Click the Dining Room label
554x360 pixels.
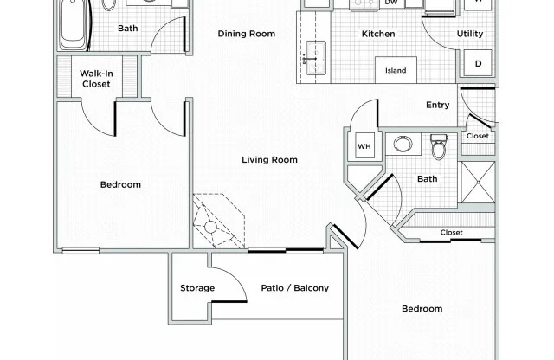click(247, 34)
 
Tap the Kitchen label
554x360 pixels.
click(378, 34)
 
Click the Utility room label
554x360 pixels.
click(470, 34)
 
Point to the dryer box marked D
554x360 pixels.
click(477, 63)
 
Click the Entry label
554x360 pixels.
click(437, 106)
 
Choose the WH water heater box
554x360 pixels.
click(364, 146)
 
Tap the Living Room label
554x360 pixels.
click(269, 159)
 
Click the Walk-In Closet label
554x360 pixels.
click(96, 79)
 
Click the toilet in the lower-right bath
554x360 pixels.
click(438, 148)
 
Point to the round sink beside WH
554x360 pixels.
click(403, 145)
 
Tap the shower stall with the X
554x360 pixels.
click(476, 183)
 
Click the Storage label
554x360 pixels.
click(196, 288)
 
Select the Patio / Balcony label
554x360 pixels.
click(294, 288)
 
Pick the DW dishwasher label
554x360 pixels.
click(391, 3)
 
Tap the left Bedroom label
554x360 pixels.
click(120, 184)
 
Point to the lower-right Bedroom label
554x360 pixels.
click(422, 309)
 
